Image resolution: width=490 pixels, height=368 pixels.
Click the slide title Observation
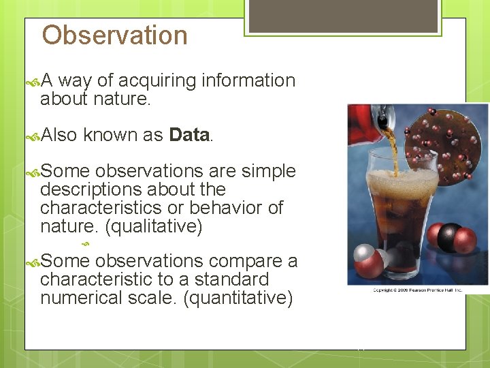pyautogui.click(x=114, y=35)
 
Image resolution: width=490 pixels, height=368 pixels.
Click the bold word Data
pyautogui.click(x=189, y=135)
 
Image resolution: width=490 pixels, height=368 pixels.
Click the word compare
pyautogui.click(x=245, y=261)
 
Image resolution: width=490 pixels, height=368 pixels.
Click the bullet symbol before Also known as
pyautogui.click(x=31, y=136)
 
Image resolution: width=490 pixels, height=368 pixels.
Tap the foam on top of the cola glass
pyautogui.click(x=393, y=181)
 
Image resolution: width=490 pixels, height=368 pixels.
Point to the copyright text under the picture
pyautogui.click(x=417, y=290)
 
